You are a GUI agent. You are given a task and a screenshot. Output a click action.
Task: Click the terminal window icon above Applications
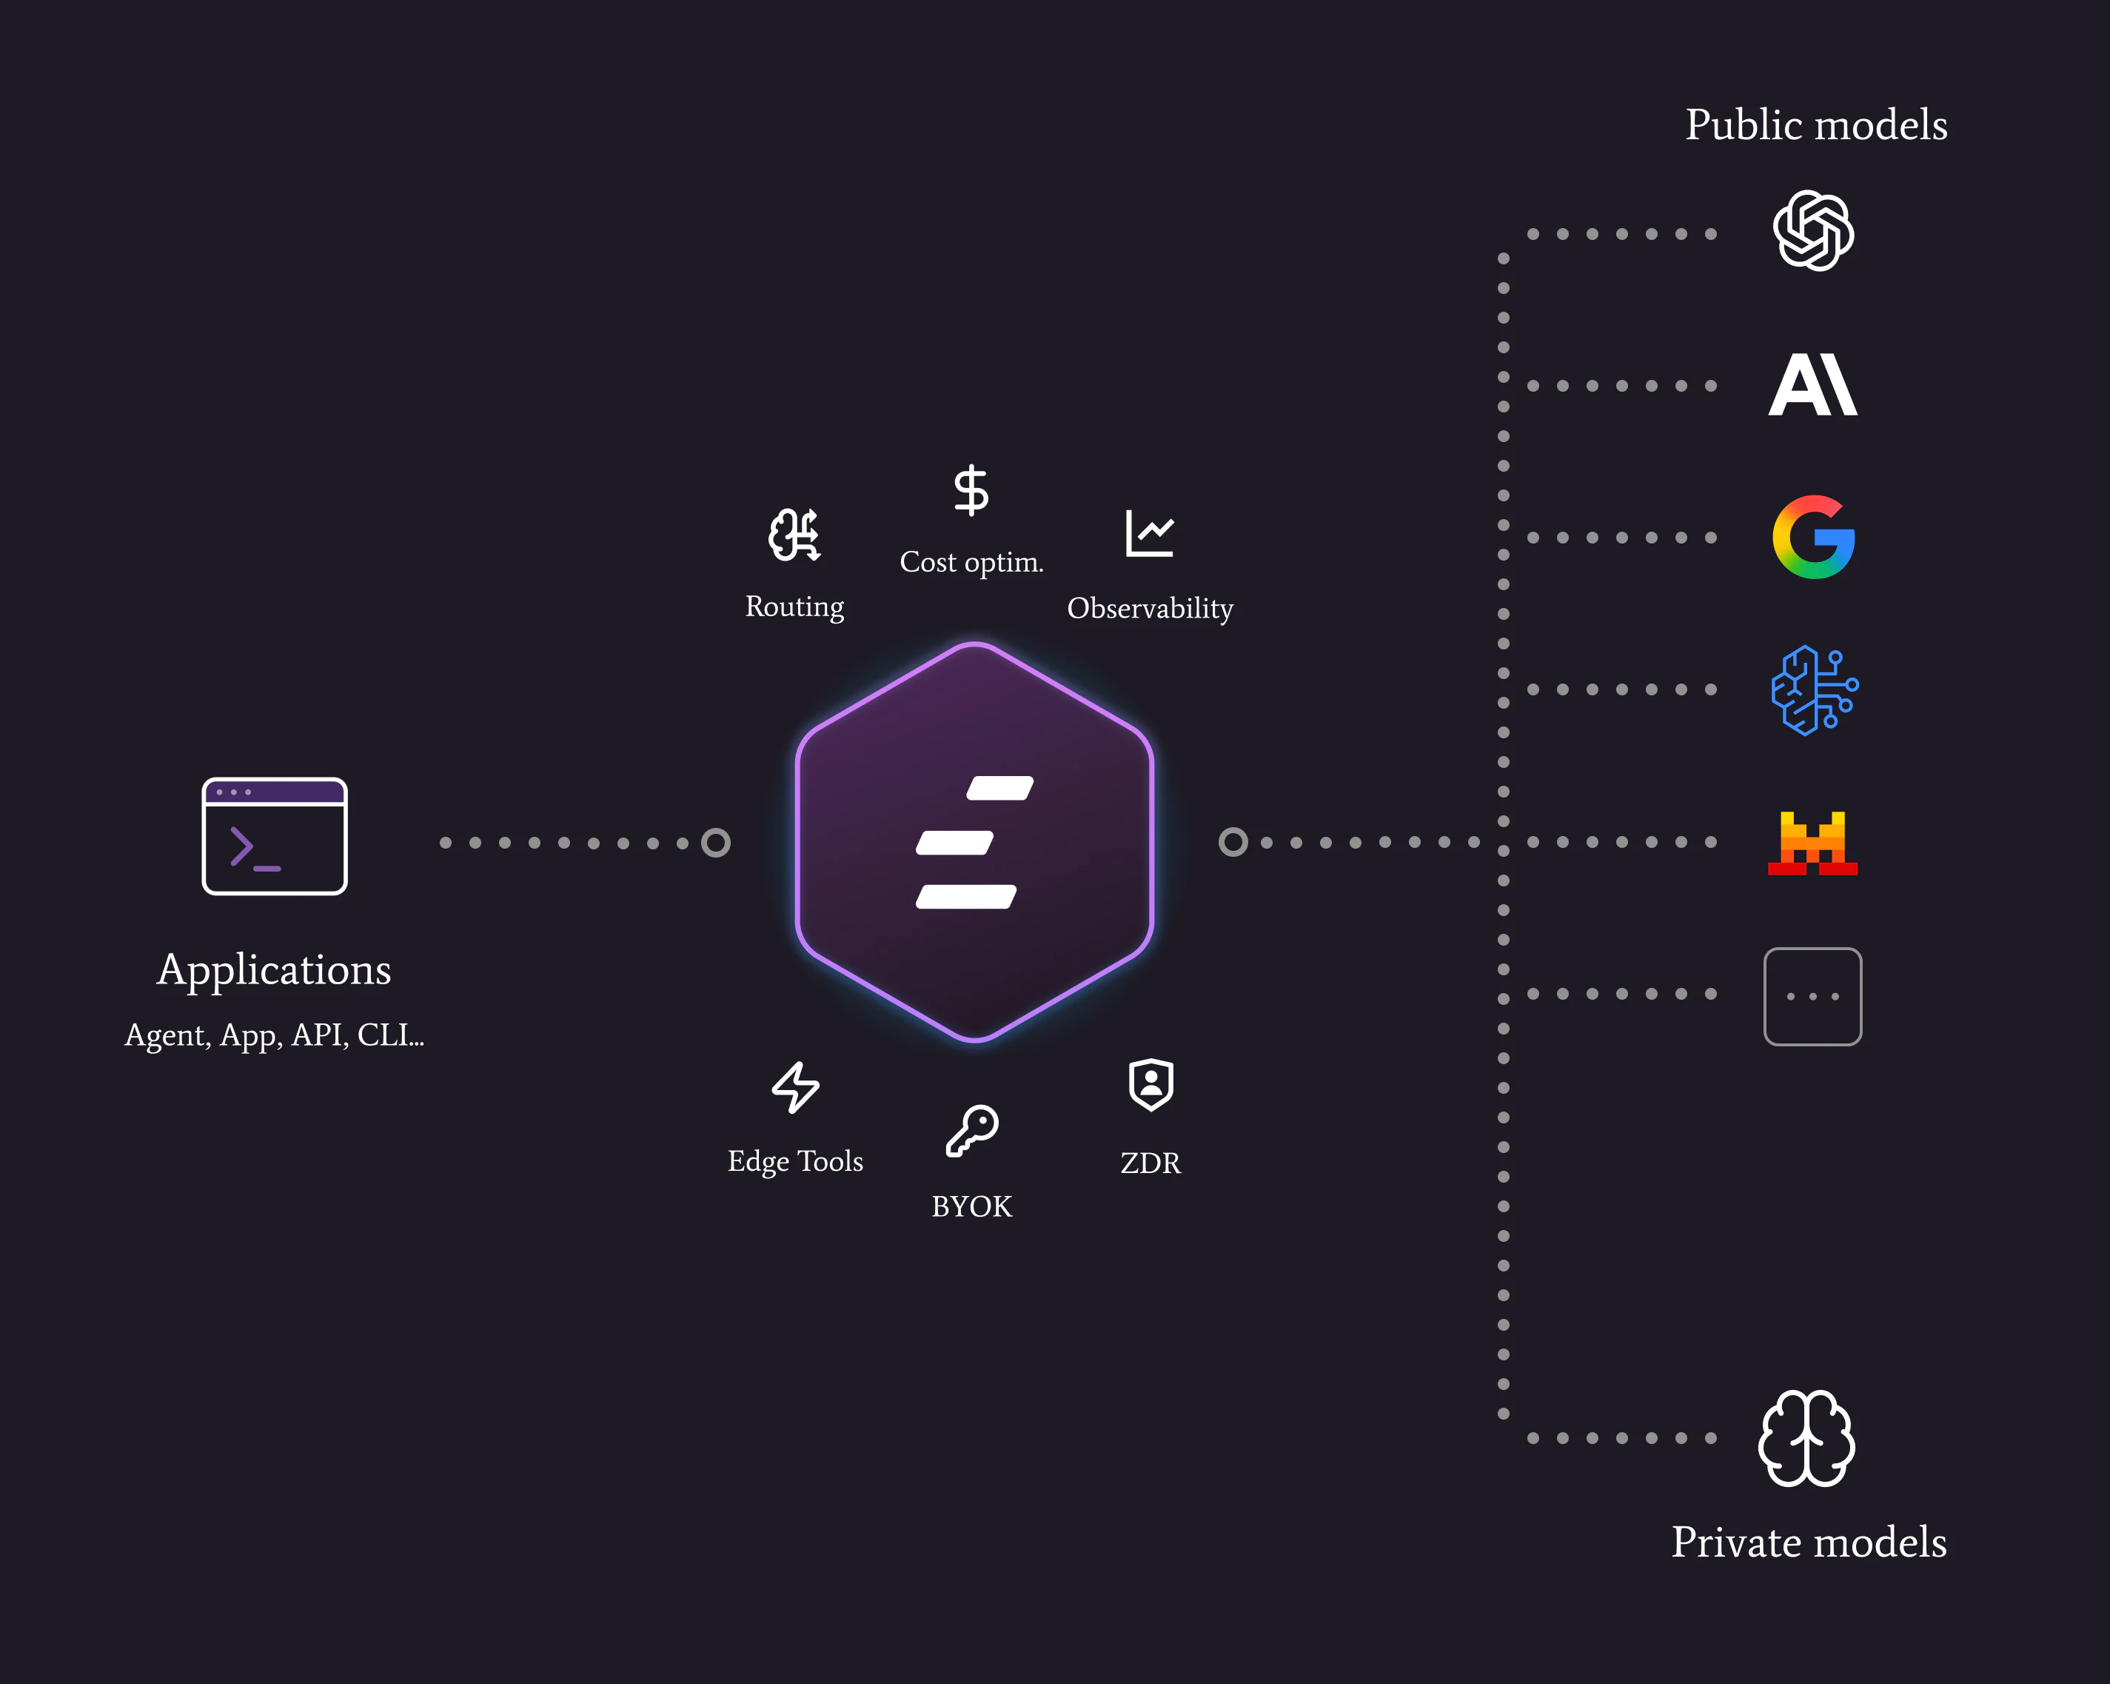(274, 835)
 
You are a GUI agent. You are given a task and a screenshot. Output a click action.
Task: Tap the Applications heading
(274, 969)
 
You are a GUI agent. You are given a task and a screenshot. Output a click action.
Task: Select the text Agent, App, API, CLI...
(274, 1035)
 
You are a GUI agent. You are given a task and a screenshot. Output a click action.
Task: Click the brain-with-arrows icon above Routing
(794, 535)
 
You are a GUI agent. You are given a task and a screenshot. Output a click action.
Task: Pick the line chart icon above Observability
(1149, 534)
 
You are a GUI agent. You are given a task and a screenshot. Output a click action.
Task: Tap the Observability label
(1150, 608)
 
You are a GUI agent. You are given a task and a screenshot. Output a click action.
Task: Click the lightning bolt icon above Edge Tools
(794, 1087)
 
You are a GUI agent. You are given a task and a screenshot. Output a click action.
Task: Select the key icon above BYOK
(972, 1131)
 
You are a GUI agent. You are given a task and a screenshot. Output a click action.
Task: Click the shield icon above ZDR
(1151, 1085)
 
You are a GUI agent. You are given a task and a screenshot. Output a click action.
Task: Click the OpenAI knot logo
(1813, 231)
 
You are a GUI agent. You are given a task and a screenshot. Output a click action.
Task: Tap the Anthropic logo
(1812, 385)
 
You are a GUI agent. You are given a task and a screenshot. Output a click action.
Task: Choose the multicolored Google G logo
(1813, 538)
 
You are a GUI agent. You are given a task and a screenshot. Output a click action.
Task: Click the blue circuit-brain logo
(1813, 690)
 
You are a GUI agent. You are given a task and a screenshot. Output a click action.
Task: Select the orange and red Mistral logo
(1812, 842)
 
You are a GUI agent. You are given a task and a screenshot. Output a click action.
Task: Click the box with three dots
(1812, 996)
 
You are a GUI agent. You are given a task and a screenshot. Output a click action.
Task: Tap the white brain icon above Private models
(1806, 1437)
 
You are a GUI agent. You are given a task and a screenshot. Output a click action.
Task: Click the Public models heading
(1815, 125)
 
